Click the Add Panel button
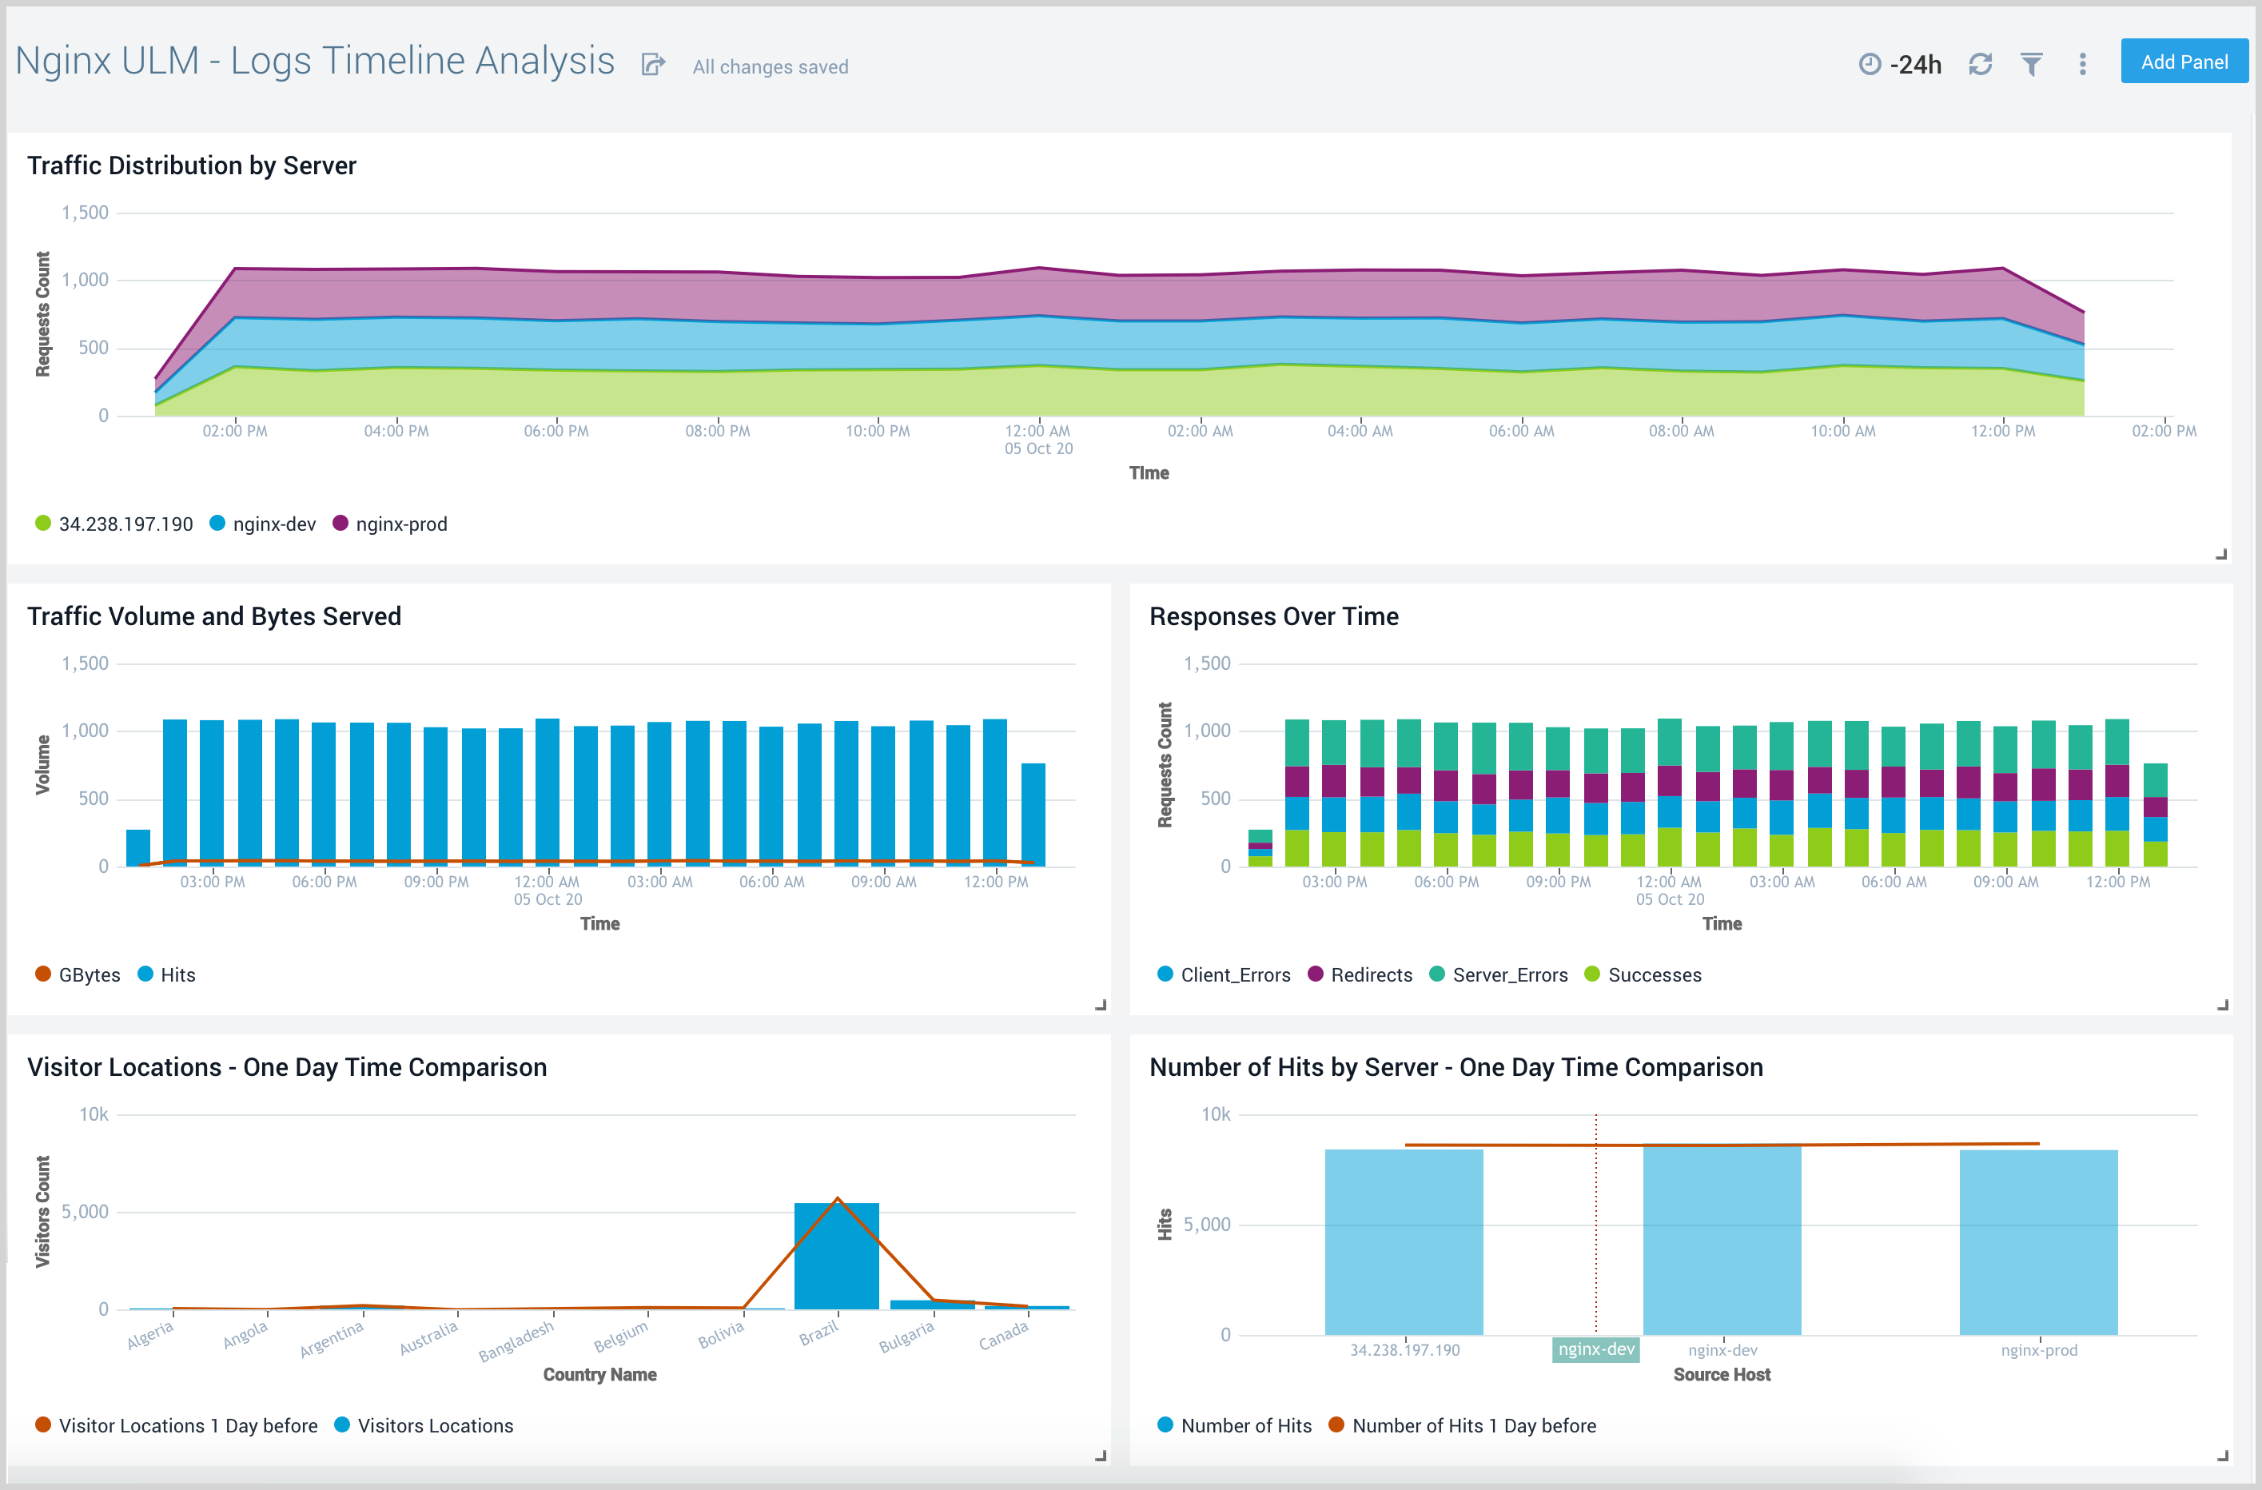pos(2183,62)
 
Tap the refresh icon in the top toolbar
pos(1980,65)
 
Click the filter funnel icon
pos(2031,65)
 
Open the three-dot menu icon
pos(2082,65)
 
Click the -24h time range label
pos(1914,65)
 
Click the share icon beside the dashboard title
pos(653,65)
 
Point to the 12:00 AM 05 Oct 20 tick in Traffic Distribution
pos(1037,439)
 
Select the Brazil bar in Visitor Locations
pos(836,1257)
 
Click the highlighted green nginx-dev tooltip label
pos(1595,1349)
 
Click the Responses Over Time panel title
pos(1273,616)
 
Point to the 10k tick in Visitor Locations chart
pos(94,1114)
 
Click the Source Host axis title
pos(1721,1374)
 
